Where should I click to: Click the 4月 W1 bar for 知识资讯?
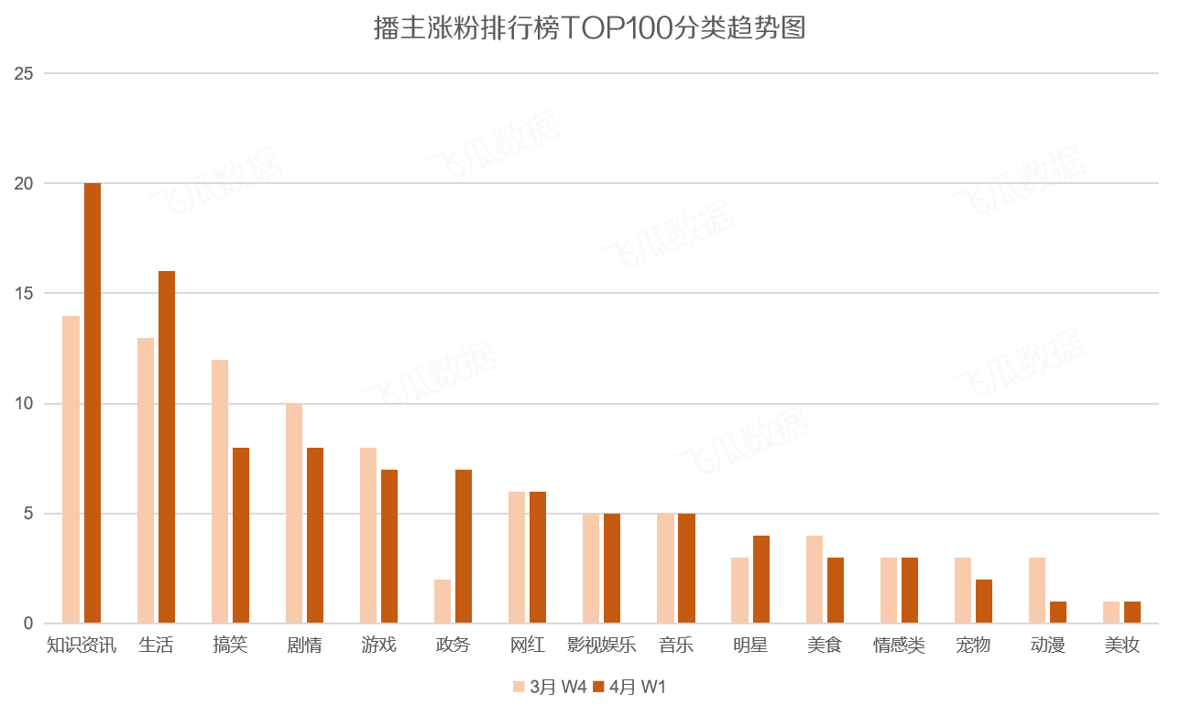pos(93,403)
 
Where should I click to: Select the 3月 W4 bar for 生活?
pos(146,481)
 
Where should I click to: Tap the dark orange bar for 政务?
pos(464,547)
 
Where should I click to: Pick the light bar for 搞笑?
pos(220,492)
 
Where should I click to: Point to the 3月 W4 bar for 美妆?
pos(1111,613)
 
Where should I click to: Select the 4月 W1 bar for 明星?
pos(761,580)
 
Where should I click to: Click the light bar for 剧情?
pos(294,514)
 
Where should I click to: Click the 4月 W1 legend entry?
pos(629,687)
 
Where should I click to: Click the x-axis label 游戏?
pos(378,645)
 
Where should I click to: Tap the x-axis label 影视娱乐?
pos(601,645)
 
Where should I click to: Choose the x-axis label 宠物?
pos(973,645)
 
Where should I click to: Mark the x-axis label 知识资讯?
pos(82,645)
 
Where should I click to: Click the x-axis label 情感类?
pos(899,645)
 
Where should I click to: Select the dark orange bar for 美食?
pos(836,591)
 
